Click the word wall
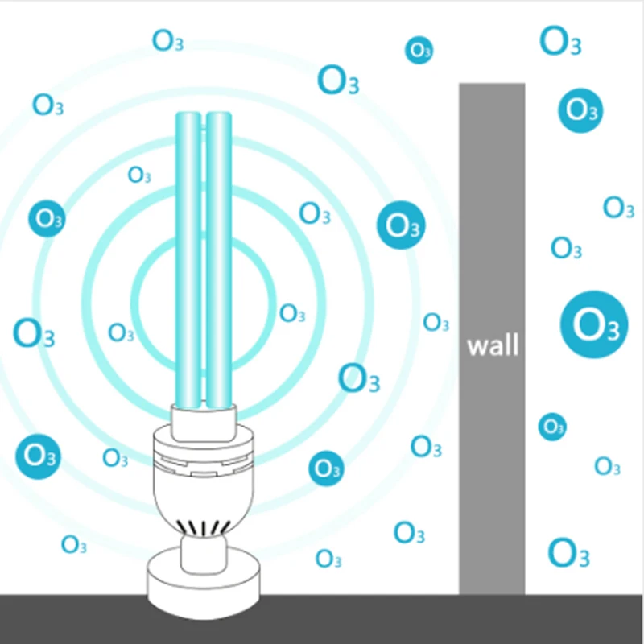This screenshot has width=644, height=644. tap(493, 346)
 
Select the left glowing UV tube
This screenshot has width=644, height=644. tap(188, 258)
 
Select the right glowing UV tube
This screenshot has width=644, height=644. tap(219, 258)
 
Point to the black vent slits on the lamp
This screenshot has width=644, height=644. tap(203, 526)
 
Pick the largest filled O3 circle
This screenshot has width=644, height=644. tap(594, 324)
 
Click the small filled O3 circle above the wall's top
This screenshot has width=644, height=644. tap(419, 50)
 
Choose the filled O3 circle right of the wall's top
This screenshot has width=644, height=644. tap(580, 109)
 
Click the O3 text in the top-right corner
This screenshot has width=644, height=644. tap(559, 40)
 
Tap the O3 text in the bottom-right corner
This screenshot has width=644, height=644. tap(568, 552)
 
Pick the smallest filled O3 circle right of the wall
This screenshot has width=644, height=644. tap(552, 426)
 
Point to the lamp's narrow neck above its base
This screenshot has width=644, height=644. tap(203, 551)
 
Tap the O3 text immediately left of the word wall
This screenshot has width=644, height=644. tap(436, 323)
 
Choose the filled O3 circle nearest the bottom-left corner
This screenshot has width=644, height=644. tap(38, 455)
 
